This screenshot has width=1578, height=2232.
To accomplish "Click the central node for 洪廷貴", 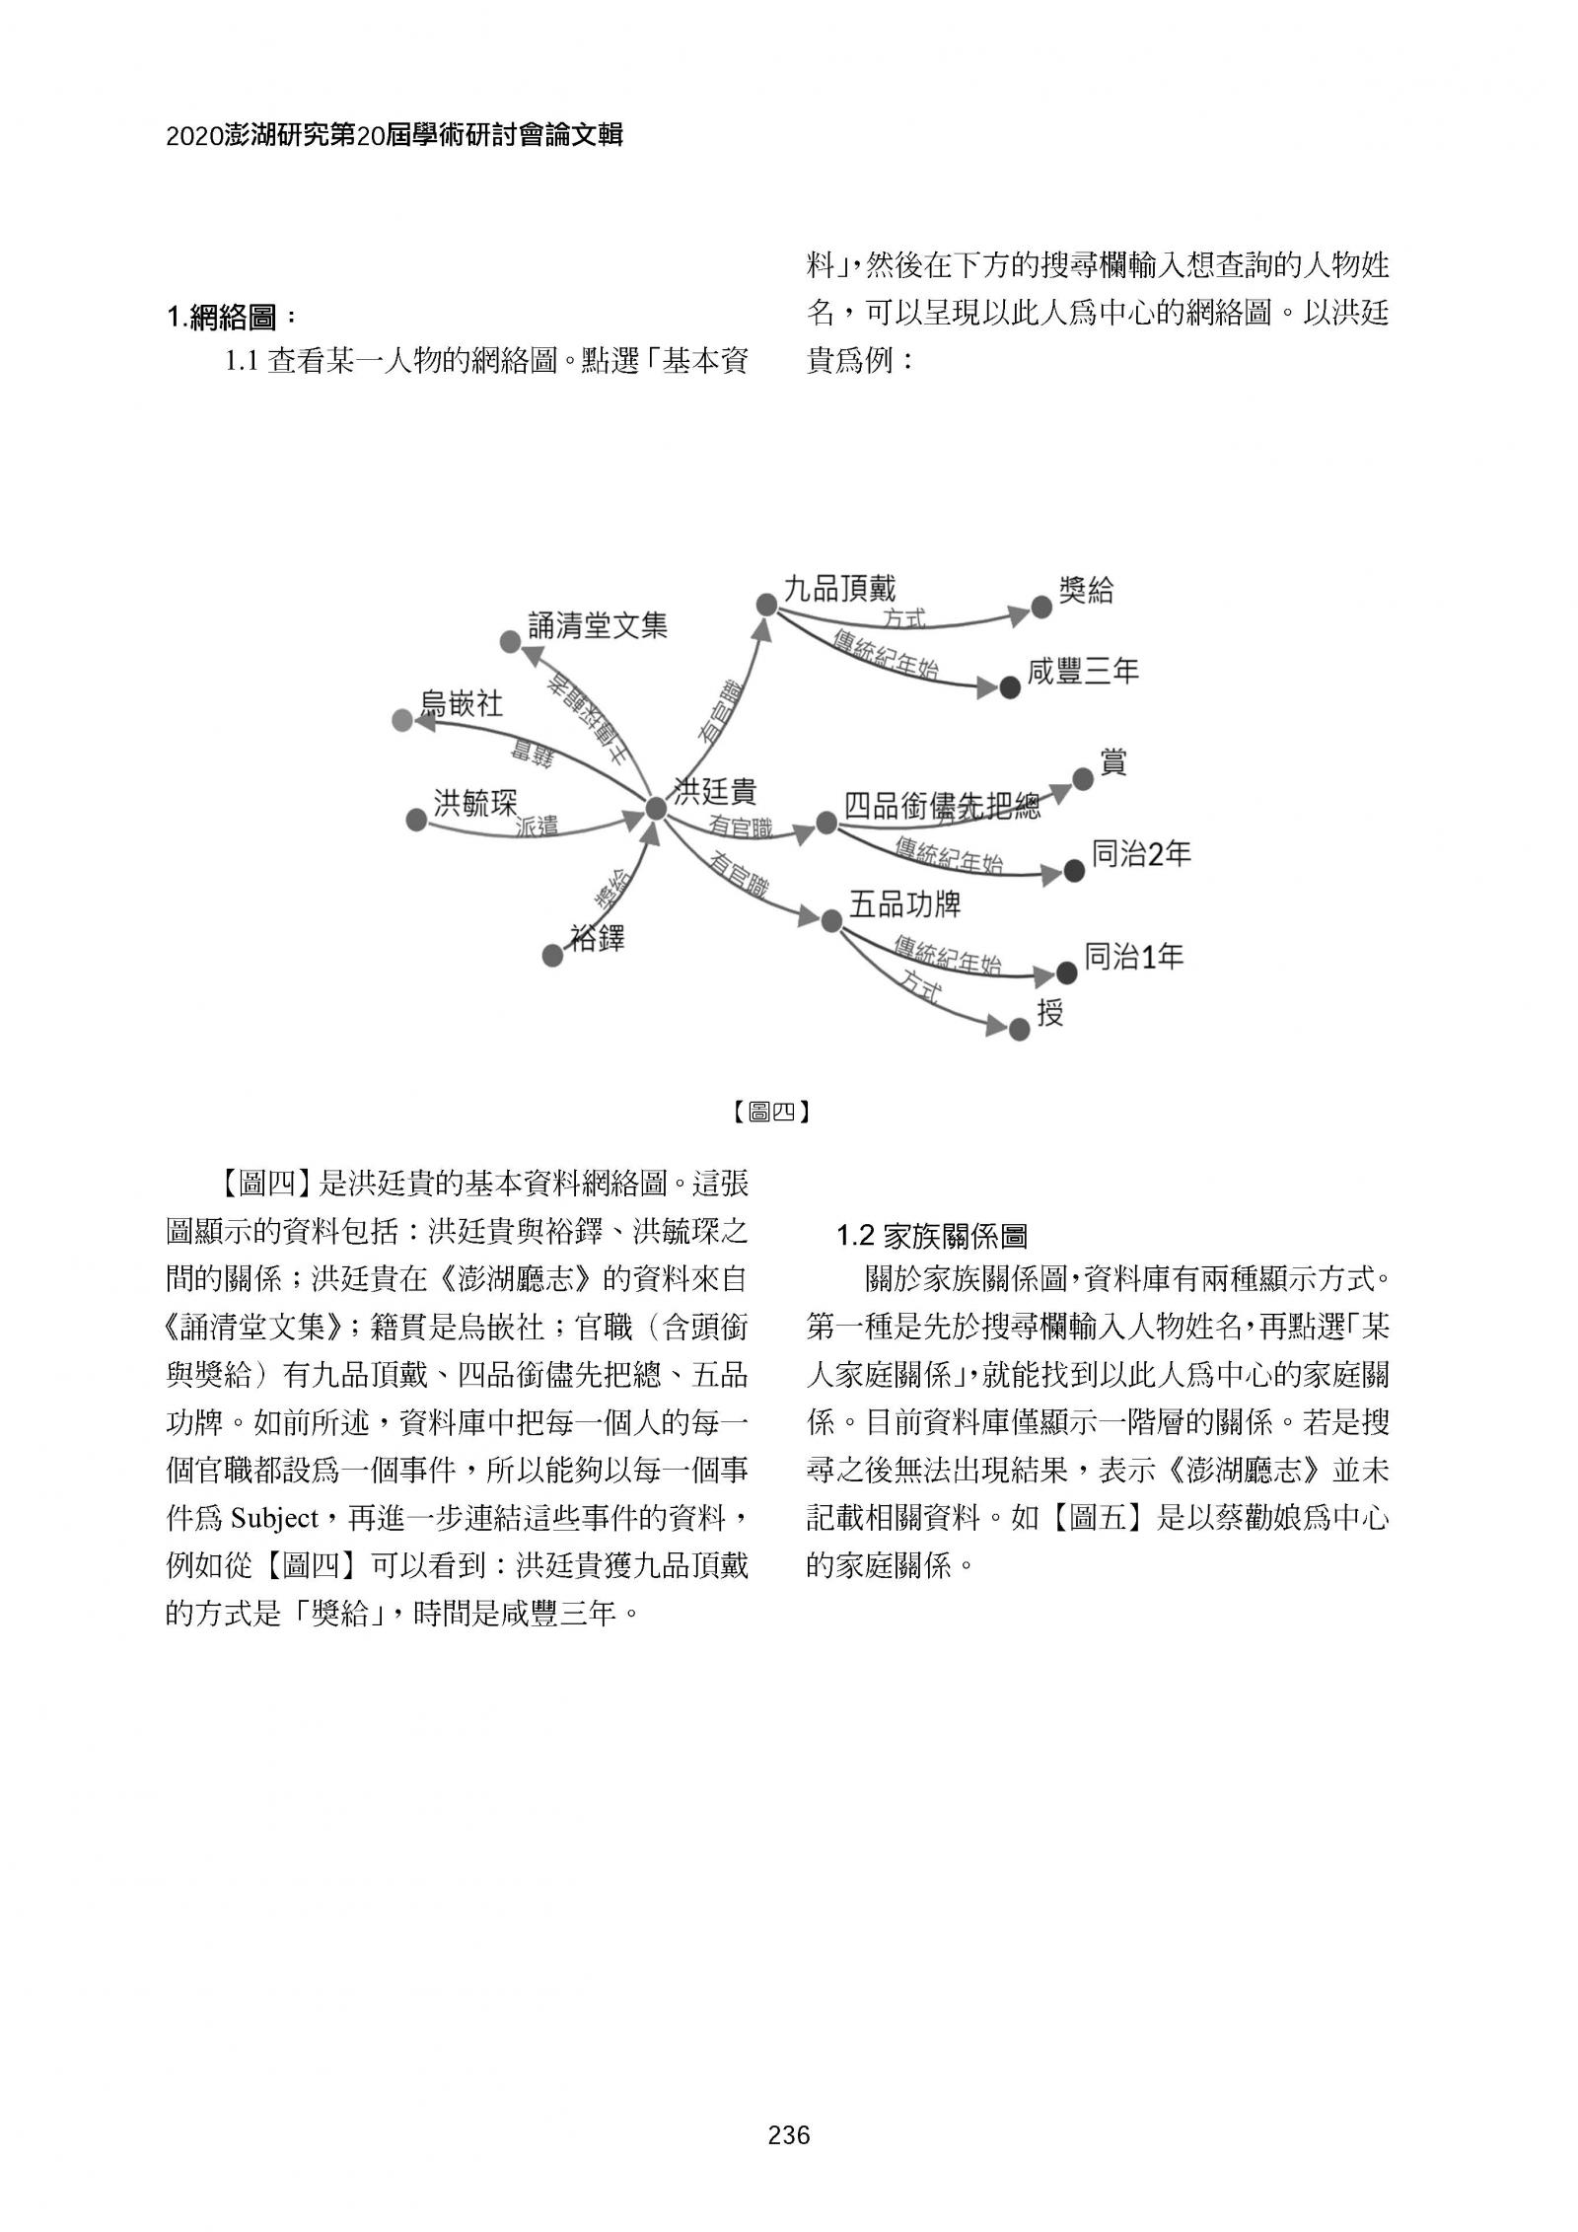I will coord(656,808).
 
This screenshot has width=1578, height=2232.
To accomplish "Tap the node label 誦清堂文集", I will coord(598,625).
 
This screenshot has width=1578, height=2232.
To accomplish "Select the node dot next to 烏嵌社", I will coord(401,721).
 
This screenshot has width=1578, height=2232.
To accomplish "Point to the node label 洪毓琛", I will coord(475,802).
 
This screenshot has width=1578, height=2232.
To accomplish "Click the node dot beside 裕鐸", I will coord(553,955).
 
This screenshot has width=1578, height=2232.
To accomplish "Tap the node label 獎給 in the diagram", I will coord(1086,591).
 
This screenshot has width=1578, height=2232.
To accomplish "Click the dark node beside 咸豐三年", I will coord(1009,688).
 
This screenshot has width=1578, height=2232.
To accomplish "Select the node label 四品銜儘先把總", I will coord(942,807).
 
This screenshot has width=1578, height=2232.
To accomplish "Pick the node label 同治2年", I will coord(1141,853).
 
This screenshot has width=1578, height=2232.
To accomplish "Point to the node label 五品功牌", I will coord(904,903).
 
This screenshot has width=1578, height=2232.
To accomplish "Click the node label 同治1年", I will coord(1133,956).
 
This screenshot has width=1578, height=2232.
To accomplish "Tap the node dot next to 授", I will coord(1019,1030).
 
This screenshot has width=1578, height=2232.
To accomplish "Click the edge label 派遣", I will coord(538,828).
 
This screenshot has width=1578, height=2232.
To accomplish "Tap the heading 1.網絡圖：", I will coord(231,318).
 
